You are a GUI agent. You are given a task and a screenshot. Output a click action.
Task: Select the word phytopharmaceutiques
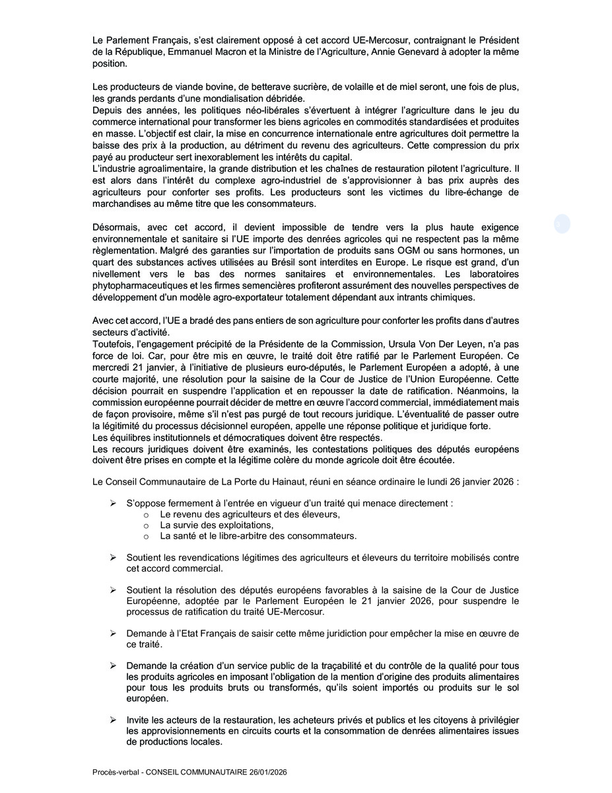tap(140, 285)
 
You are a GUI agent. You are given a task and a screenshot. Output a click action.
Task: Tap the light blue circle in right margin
tap(562, 224)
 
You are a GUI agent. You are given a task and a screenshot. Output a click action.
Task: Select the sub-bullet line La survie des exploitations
tap(207, 525)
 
